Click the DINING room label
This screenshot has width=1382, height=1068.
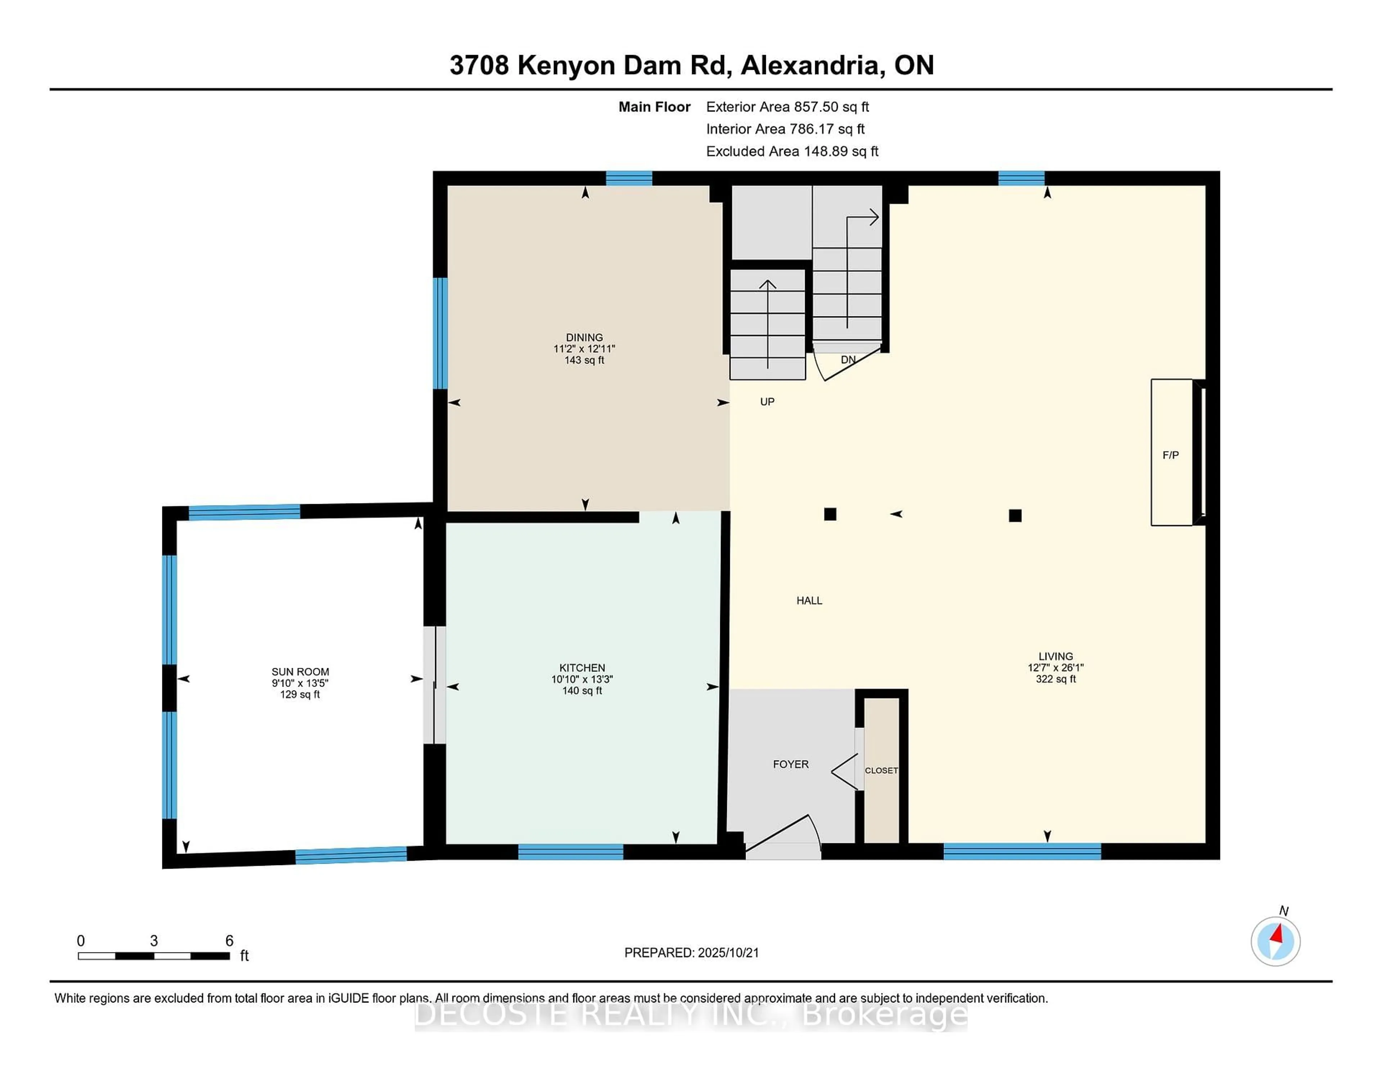click(x=584, y=337)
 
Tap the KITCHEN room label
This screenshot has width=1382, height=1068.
click(x=582, y=667)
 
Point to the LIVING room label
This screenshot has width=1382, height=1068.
click(x=1056, y=656)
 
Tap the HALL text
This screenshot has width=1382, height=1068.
click(x=809, y=601)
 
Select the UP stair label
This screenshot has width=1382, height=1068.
click(x=767, y=402)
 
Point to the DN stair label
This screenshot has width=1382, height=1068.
click(x=848, y=359)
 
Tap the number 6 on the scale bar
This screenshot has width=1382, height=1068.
click(x=229, y=941)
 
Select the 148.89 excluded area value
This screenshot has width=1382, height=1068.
click(x=826, y=151)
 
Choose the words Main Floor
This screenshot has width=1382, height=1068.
click(x=654, y=107)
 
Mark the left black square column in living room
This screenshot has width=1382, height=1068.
click(x=830, y=514)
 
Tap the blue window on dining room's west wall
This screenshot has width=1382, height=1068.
click(x=440, y=334)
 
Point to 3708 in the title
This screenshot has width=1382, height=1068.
click(x=479, y=65)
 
